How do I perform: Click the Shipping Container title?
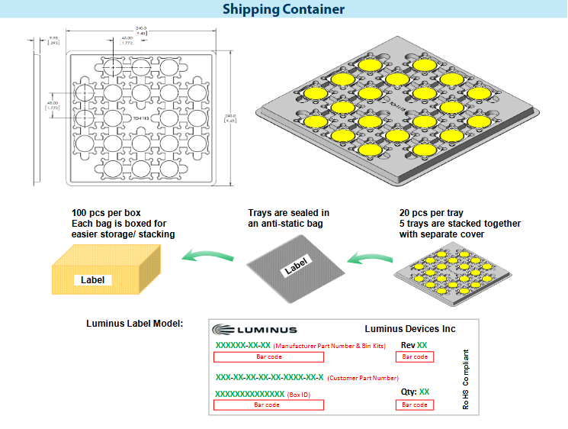point(284,10)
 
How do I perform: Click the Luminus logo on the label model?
point(255,330)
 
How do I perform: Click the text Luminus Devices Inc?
point(410,329)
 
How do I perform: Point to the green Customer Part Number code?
point(270,377)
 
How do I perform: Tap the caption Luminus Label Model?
point(134,324)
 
